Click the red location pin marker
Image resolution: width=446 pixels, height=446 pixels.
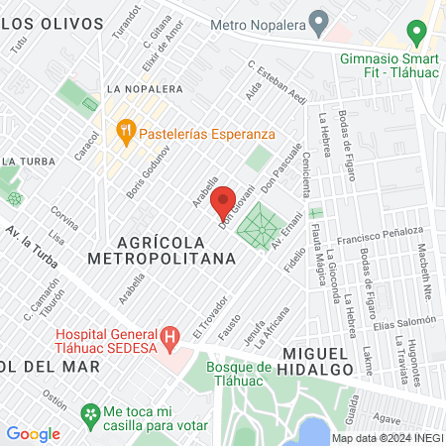223,197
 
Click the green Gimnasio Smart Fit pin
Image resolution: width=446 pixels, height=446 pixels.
417,33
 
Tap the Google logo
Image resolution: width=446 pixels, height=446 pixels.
33,433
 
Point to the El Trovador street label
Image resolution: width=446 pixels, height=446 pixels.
212,318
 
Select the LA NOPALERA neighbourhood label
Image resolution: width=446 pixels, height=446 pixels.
146,88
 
